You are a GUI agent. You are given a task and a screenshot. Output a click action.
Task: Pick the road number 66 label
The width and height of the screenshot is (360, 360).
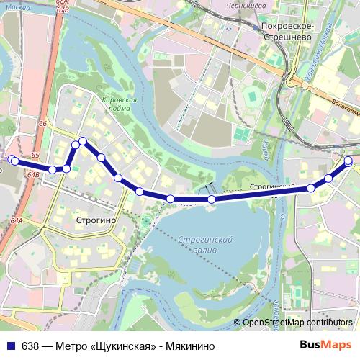(x=42, y=124)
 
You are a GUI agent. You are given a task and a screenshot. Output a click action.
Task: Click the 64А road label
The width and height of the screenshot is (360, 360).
(x=17, y=221)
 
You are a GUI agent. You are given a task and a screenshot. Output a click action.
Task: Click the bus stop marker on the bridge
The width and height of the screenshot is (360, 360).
(x=211, y=199)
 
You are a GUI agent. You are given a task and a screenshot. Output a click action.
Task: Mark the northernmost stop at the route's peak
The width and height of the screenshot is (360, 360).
(x=83, y=141)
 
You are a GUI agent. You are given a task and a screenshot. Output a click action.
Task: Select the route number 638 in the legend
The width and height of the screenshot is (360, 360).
(x=30, y=345)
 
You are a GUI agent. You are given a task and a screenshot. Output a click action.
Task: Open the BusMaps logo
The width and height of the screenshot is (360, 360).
(x=325, y=345)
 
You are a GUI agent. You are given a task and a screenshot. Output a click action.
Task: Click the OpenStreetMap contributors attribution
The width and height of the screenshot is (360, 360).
(x=297, y=323)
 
